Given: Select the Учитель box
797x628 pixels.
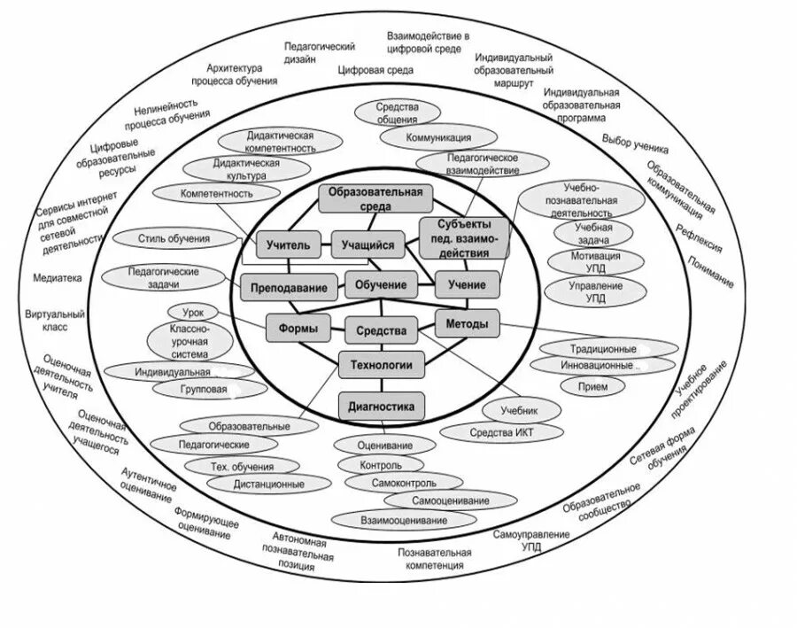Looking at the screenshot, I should pyautogui.click(x=288, y=245).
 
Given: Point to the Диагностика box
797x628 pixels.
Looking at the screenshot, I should pyautogui.click(x=382, y=407).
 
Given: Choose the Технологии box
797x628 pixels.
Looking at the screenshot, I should pyautogui.click(x=382, y=363).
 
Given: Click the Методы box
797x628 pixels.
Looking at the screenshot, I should pyautogui.click(x=467, y=324).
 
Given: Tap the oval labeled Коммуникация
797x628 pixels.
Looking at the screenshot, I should pyautogui.click(x=438, y=138).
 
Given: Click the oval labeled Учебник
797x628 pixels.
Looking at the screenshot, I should pyautogui.click(x=520, y=409).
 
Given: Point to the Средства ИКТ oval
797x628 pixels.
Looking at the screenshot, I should pyautogui.click(x=501, y=432).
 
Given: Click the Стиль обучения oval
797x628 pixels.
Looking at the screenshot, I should pyautogui.click(x=174, y=238).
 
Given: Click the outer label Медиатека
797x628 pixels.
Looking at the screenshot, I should pyautogui.click(x=58, y=277).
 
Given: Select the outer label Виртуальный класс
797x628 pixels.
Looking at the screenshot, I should pyautogui.click(x=56, y=320).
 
